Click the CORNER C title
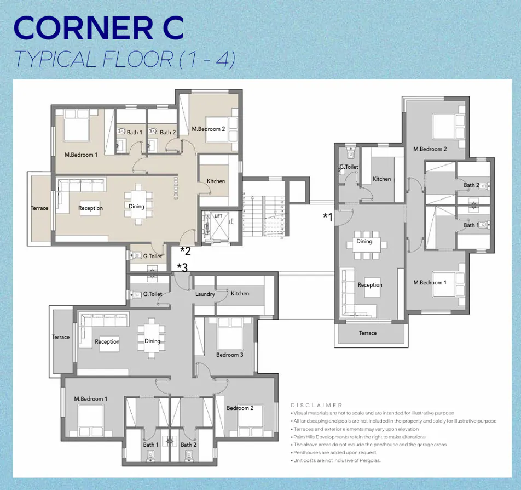point(99,29)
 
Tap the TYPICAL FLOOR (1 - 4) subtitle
point(125,59)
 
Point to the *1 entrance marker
point(327,217)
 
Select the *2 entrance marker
point(185,252)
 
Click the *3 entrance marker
point(182,268)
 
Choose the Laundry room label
point(205,294)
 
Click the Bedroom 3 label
point(229,355)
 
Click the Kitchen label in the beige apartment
point(216,181)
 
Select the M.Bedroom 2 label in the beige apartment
point(208,129)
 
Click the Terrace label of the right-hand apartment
point(368,333)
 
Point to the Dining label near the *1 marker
point(364,242)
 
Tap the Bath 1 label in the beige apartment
point(134,133)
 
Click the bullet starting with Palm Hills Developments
point(359,437)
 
